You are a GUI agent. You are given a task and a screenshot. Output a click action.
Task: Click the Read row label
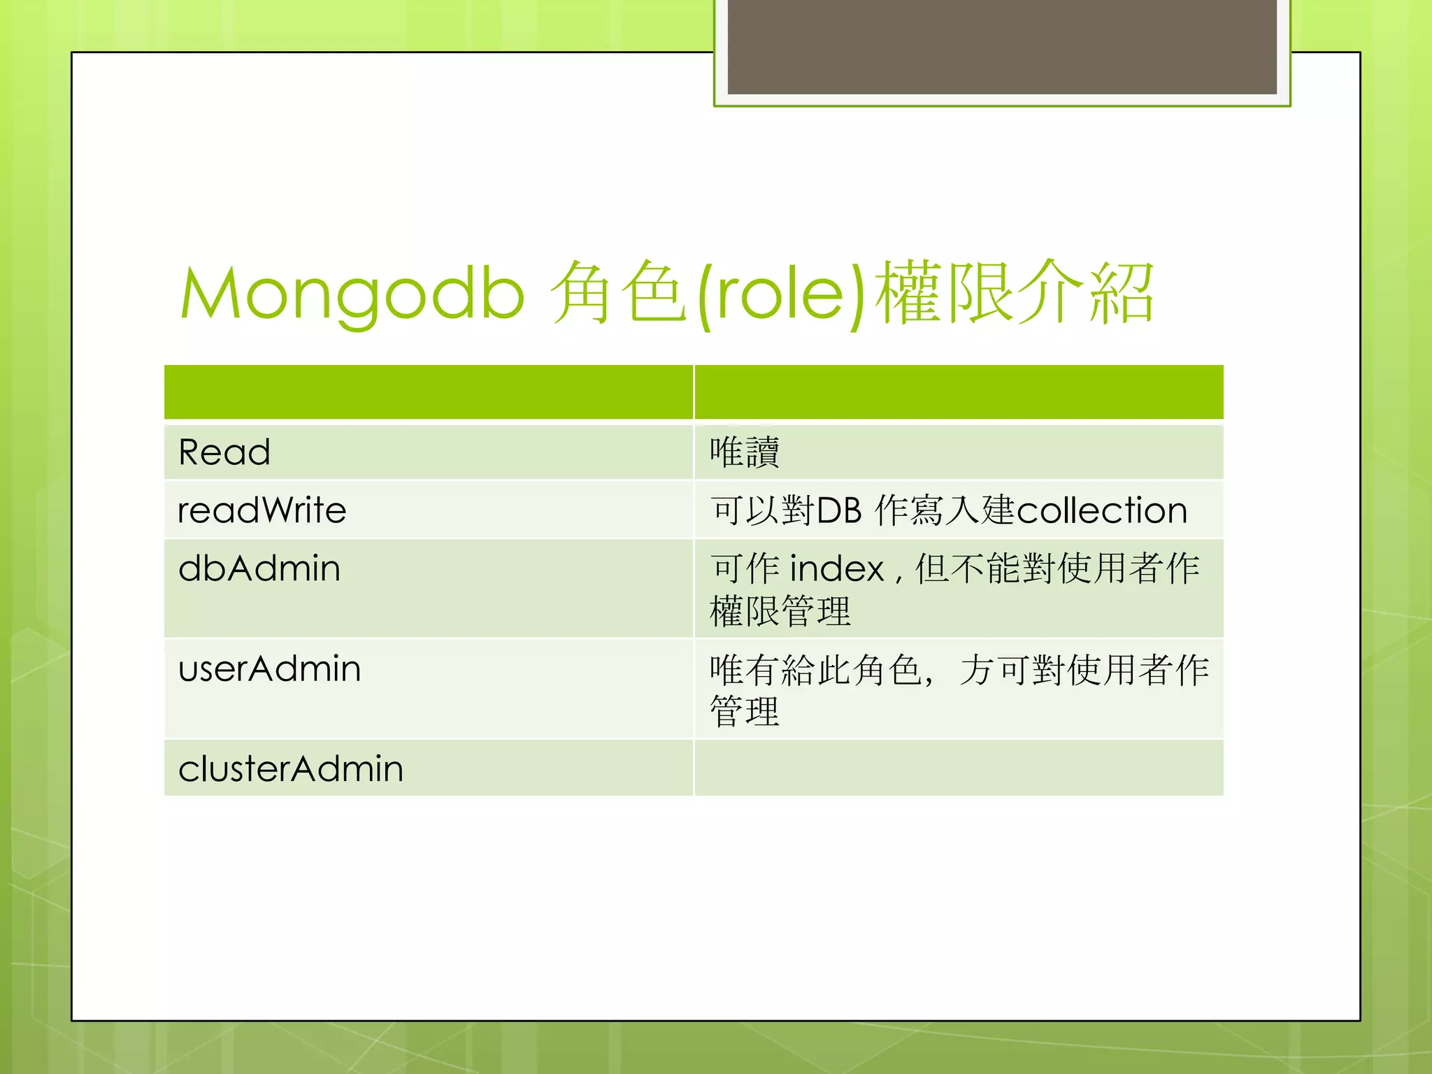tap(224, 452)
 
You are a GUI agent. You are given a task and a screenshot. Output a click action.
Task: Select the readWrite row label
tap(262, 510)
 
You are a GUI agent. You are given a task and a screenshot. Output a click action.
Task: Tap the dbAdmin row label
tap(259, 568)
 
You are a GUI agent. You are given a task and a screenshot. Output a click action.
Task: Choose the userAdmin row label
tap(269, 668)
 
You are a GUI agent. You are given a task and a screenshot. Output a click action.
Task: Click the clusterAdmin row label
tap(291, 768)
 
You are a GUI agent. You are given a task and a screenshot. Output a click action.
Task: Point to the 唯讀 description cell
tap(744, 452)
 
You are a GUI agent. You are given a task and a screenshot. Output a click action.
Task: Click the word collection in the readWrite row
tap(1101, 510)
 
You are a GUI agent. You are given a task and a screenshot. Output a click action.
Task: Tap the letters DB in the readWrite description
tap(839, 510)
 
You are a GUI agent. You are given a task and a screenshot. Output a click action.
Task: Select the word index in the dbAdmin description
tap(837, 568)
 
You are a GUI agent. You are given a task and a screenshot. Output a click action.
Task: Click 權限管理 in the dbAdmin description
tap(780, 611)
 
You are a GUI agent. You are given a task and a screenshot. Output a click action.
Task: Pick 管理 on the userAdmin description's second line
tap(744, 712)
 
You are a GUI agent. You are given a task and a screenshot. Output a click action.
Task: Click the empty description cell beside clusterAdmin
tap(958, 768)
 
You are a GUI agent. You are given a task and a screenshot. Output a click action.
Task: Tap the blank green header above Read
tap(429, 392)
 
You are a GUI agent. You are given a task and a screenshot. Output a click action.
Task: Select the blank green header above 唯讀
tap(958, 392)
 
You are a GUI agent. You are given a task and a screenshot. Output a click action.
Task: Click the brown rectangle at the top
tap(1001, 46)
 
